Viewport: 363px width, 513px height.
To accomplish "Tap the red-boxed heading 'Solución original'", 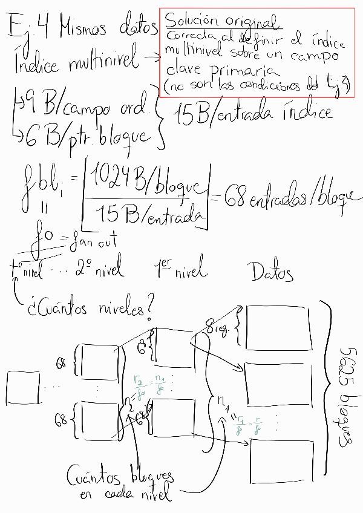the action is (221, 21).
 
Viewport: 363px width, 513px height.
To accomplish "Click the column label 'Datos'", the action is (272, 273).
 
